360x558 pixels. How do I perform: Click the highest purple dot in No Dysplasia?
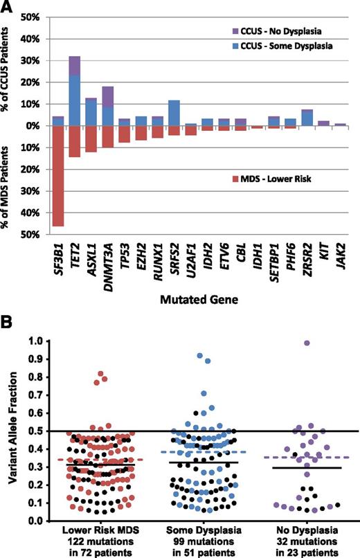[306, 343]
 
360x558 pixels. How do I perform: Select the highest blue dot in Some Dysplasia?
[200, 356]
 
